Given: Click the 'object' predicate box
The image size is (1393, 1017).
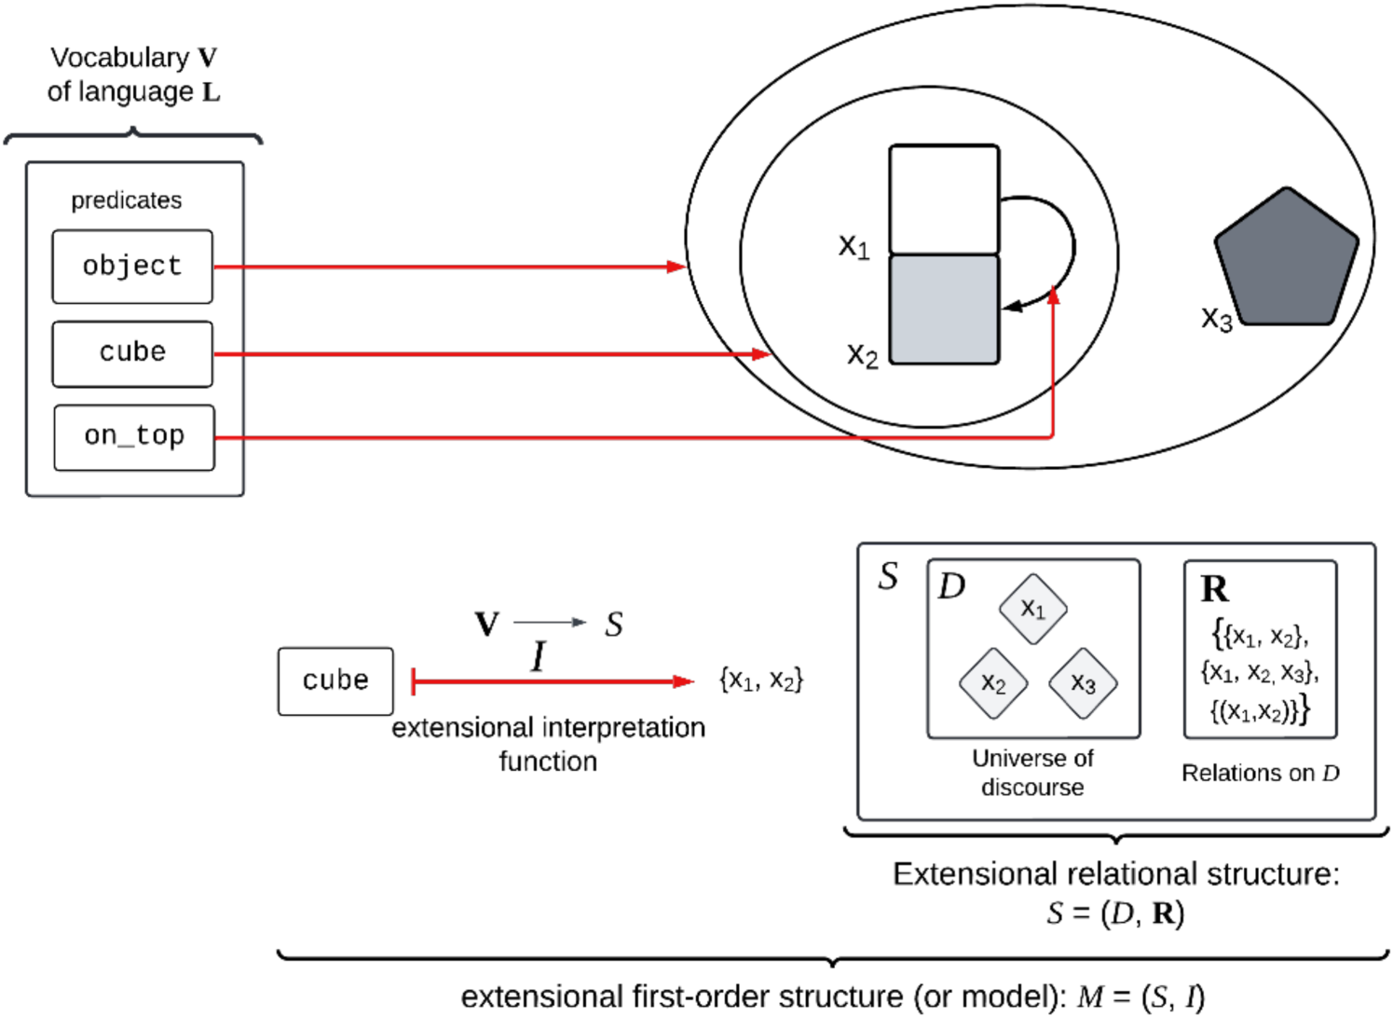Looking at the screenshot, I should [x=132, y=267].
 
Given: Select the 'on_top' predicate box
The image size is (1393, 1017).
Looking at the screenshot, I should [x=134, y=437].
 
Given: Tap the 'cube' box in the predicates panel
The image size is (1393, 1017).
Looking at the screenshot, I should [x=132, y=353].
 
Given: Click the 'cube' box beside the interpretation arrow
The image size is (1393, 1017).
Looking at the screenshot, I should [x=335, y=681].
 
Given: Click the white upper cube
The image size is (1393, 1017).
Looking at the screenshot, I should [x=944, y=199].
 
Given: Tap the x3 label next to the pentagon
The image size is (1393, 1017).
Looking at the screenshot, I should [x=1216, y=319].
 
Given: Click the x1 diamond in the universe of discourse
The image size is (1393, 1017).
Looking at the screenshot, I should [x=1033, y=610].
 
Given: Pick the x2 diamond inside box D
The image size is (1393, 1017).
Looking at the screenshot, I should [x=993, y=684].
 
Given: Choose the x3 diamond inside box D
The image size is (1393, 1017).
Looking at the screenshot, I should [x=1083, y=684].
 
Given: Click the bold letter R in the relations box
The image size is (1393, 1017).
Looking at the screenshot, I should [x=1214, y=589].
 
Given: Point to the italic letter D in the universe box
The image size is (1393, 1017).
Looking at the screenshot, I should [x=951, y=586].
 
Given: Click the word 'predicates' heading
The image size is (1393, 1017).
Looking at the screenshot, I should [x=127, y=200].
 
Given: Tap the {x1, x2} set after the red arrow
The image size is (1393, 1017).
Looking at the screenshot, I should [x=760, y=680].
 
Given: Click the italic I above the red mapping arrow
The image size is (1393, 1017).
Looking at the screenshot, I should [x=538, y=657].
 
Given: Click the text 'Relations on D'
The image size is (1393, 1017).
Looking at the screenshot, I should [x=1260, y=773].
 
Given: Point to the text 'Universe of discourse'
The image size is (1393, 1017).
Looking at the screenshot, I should [x=1032, y=773].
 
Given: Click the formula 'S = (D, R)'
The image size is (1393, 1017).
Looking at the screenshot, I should [x=1114, y=913].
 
